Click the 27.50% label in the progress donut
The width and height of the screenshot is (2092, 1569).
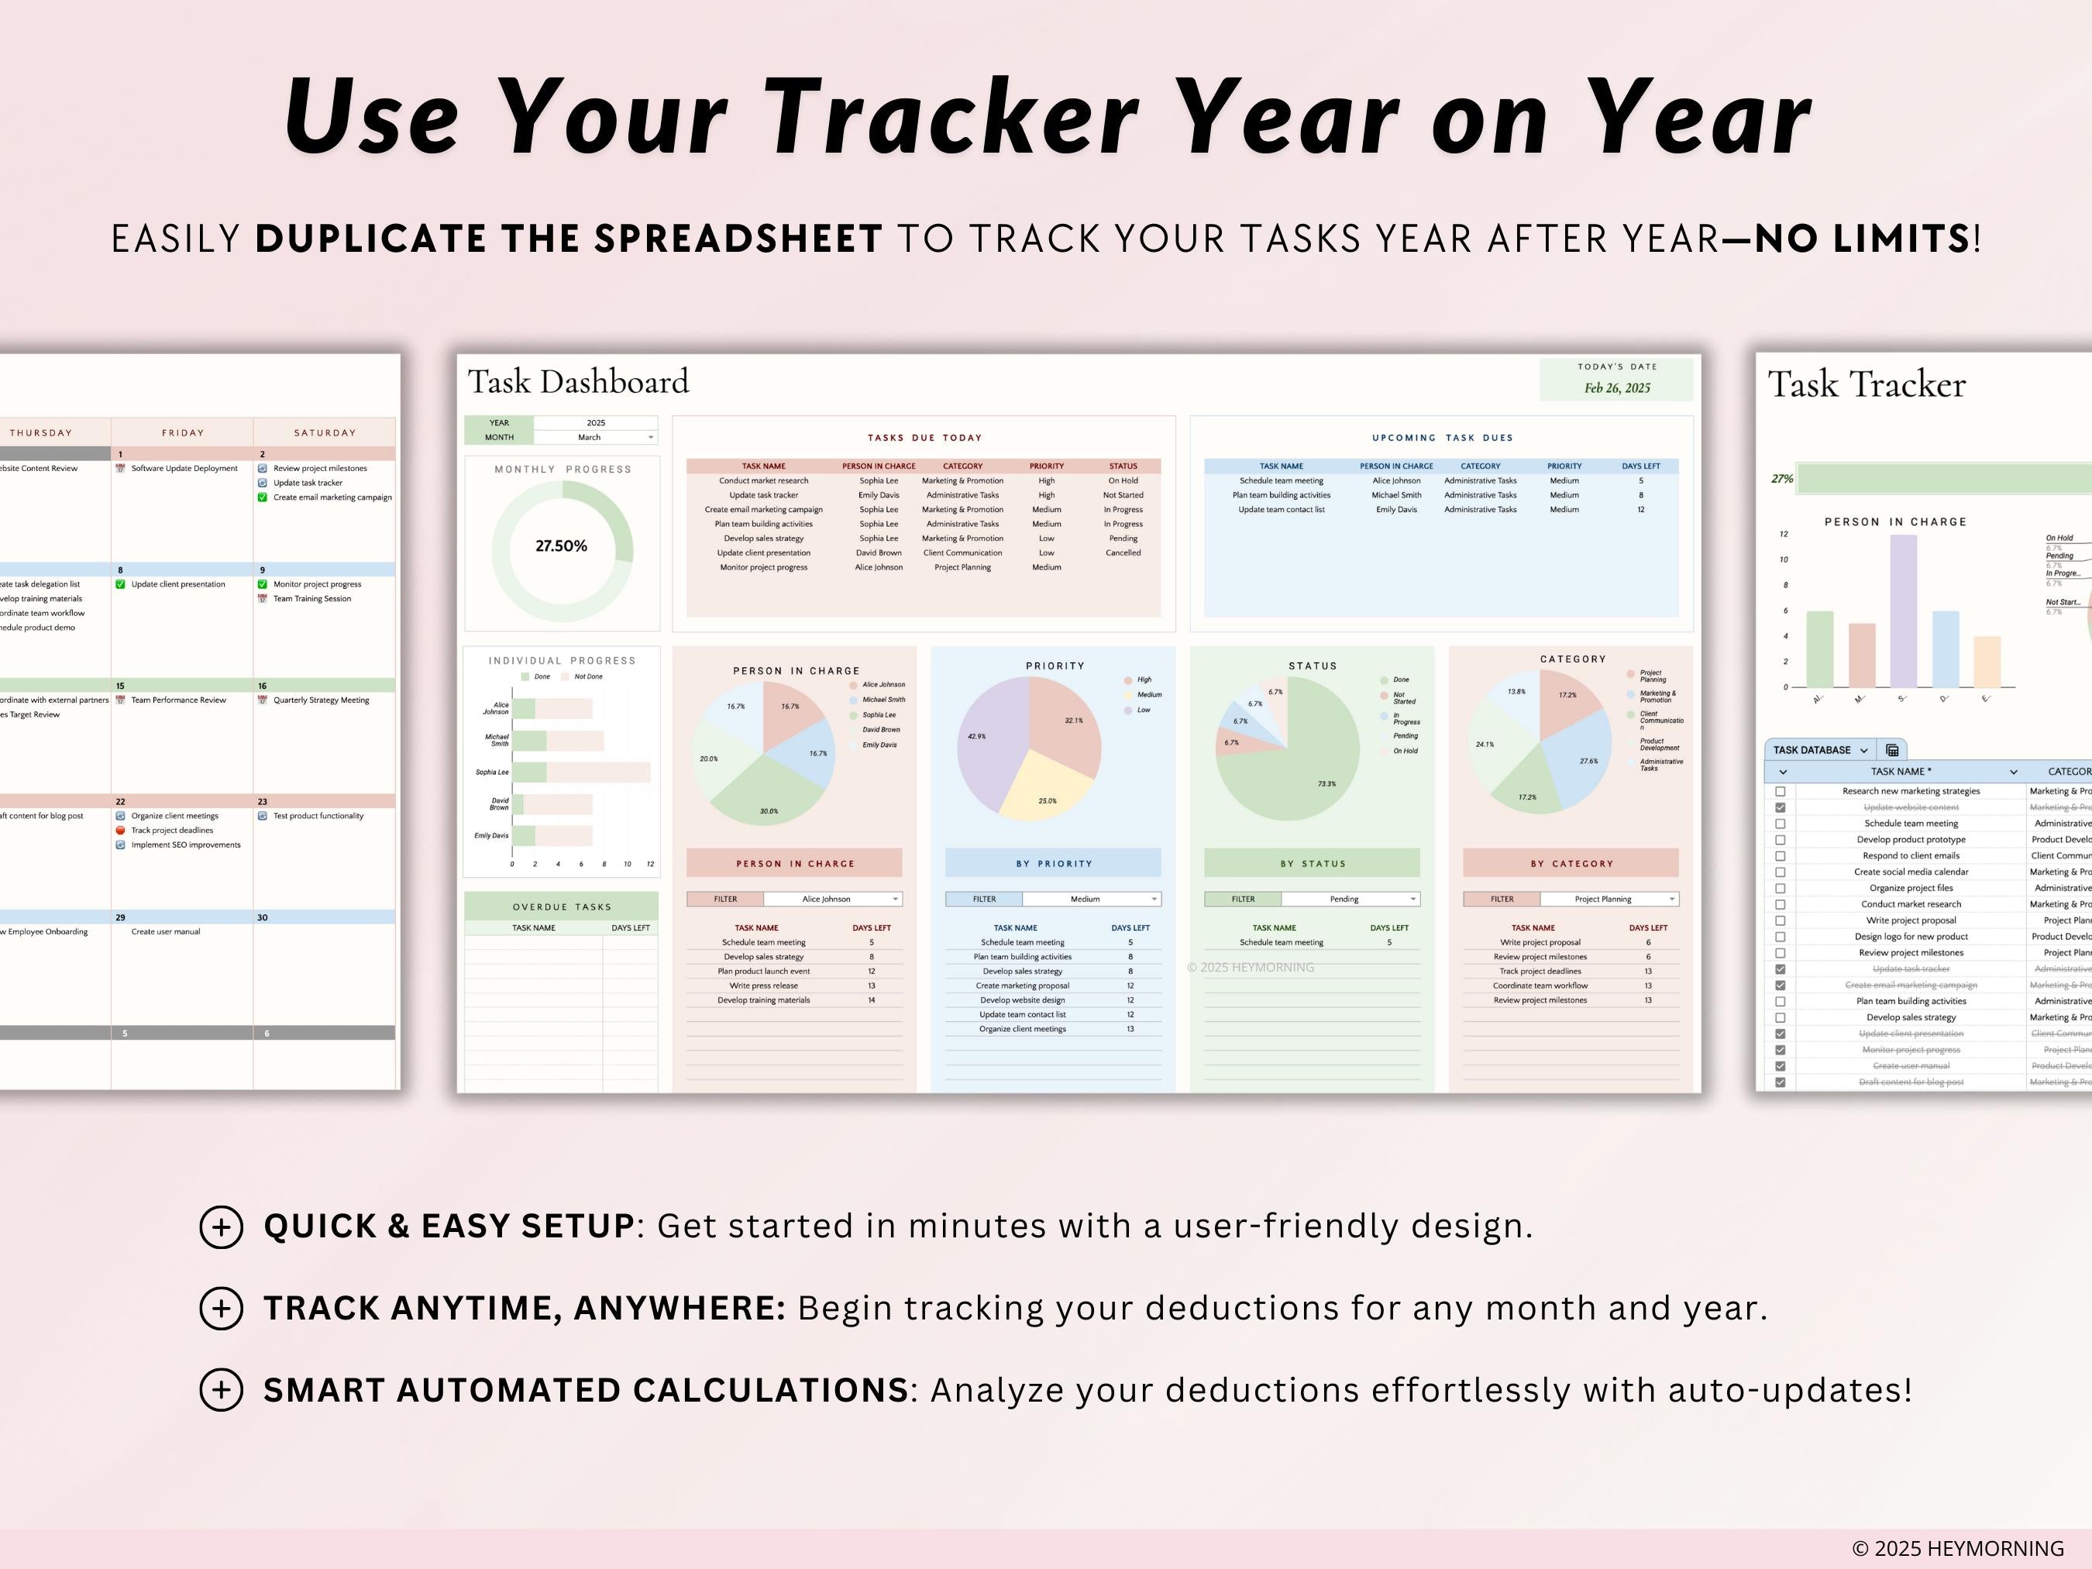pyautogui.click(x=561, y=545)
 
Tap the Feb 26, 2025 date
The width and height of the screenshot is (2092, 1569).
pyautogui.click(x=1616, y=387)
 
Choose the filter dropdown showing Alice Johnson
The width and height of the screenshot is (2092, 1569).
pyautogui.click(x=832, y=899)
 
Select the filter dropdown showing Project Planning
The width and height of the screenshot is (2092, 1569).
pyautogui.click(x=1608, y=899)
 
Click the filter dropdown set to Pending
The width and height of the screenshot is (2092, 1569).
pyautogui.click(x=1350, y=899)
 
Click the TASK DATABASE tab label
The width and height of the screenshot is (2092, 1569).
pyautogui.click(x=1811, y=750)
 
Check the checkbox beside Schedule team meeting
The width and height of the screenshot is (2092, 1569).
pyautogui.click(x=1780, y=824)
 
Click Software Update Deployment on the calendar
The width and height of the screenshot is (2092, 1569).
pyautogui.click(x=184, y=468)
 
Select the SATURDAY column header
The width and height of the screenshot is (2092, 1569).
pyautogui.click(x=325, y=432)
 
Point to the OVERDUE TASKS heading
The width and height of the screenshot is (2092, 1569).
pyautogui.click(x=562, y=906)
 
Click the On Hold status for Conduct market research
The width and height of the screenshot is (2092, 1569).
pyautogui.click(x=1123, y=480)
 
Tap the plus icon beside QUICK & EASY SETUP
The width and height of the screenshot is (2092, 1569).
pyautogui.click(x=222, y=1227)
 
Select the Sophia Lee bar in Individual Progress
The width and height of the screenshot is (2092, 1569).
pyautogui.click(x=579, y=772)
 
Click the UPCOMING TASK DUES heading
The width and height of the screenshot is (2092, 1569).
pyautogui.click(x=1442, y=437)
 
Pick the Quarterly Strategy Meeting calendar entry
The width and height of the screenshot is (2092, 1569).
pyautogui.click(x=321, y=700)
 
